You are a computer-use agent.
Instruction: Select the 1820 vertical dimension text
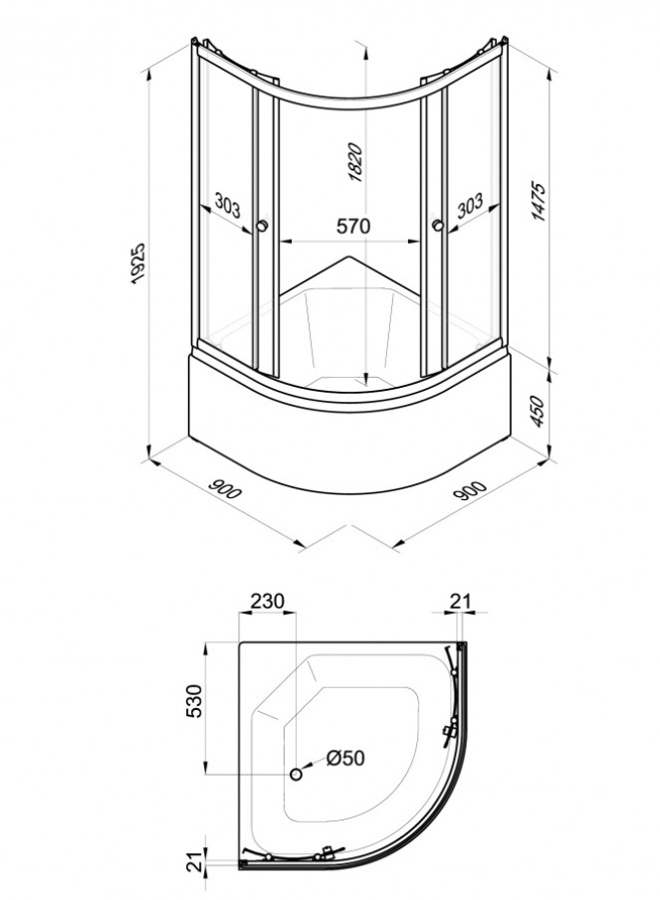coord(355,162)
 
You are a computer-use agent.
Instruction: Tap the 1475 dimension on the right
coord(539,202)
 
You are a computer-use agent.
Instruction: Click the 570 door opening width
coord(352,226)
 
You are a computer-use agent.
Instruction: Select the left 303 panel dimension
coord(228,206)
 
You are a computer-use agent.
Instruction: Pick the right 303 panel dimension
coord(470,206)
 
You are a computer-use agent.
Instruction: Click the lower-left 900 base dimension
coord(225,489)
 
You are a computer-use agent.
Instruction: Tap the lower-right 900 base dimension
coord(472,489)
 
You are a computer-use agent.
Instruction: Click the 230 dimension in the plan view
coord(268,601)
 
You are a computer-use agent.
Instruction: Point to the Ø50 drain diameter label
coord(345,758)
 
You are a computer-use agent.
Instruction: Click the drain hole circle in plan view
coord(296,775)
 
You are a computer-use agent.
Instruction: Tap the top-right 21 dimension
coord(460,601)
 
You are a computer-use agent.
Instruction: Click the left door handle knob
coord(263,226)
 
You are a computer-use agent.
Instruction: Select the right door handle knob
coord(437,226)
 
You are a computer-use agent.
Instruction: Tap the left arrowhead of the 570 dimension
coord(286,242)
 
